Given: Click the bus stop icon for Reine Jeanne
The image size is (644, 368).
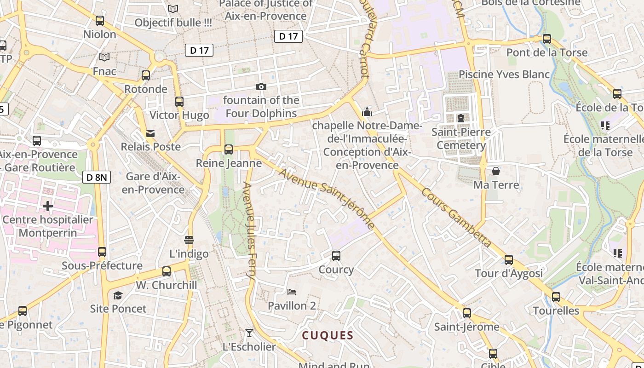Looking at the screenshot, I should click(229, 149).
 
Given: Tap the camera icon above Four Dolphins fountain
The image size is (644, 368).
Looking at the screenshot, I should click(261, 86).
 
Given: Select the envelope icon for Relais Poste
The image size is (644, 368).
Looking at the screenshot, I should click(150, 133).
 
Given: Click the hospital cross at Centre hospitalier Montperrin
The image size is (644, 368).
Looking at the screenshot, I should click(48, 206).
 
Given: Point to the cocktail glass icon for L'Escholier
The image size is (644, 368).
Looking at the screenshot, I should click(249, 333).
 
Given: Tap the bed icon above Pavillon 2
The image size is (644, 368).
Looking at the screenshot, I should click(292, 292).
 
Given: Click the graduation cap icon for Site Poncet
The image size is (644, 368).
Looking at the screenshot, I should click(118, 295).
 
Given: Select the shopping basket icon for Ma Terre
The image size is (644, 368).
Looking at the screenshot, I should click(496, 171).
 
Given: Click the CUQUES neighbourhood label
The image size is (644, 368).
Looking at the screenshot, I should click(328, 336).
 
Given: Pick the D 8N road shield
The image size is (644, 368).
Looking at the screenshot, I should click(97, 177).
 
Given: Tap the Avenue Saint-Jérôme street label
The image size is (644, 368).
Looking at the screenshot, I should click(326, 199).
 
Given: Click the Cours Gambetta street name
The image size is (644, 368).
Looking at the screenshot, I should click(456, 217).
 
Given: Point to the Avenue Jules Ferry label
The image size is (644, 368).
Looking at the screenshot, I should click(249, 230).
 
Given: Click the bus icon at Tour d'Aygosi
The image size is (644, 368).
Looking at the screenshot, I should click(508, 259).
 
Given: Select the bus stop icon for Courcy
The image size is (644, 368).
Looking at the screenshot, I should click(336, 256).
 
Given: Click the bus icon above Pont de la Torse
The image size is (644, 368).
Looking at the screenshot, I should click(547, 39).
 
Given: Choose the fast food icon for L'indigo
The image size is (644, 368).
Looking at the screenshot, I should click(189, 240).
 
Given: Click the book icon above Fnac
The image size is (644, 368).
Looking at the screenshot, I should click(104, 57).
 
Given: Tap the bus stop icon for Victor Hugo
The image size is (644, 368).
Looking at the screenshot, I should click(179, 102).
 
